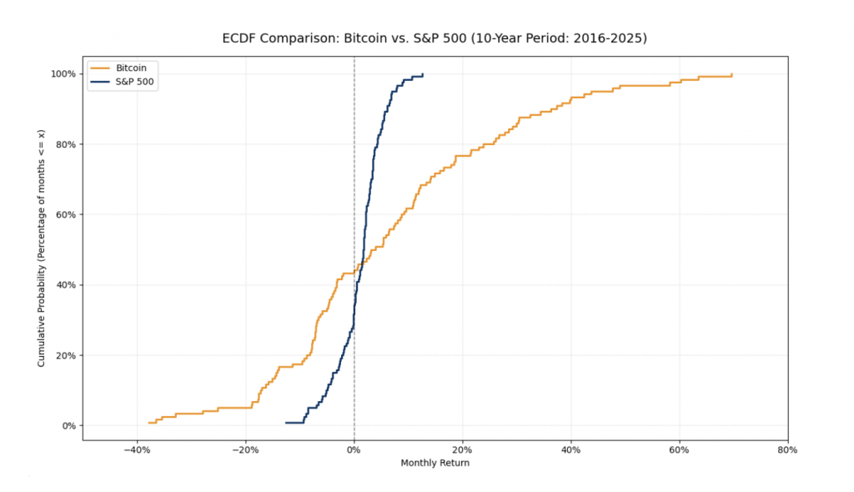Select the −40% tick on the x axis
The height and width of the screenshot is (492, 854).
pyautogui.click(x=137, y=450)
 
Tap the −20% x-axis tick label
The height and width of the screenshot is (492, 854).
pyautogui.click(x=245, y=450)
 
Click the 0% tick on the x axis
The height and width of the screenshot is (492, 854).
pyautogui.click(x=354, y=450)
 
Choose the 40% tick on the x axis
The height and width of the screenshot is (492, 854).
pyautogui.click(x=570, y=450)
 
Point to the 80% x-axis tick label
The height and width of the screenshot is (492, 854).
pyautogui.click(x=787, y=450)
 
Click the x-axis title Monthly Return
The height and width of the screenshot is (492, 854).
pyautogui.click(x=435, y=463)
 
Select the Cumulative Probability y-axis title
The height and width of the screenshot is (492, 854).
pyautogui.click(x=41, y=249)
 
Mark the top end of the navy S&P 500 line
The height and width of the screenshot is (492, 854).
pyautogui.click(x=423, y=74)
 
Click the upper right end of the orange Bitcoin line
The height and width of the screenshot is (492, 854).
pyautogui.click(x=732, y=74)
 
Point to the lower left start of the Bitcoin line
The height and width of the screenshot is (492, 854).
pyautogui.click(x=148, y=423)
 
